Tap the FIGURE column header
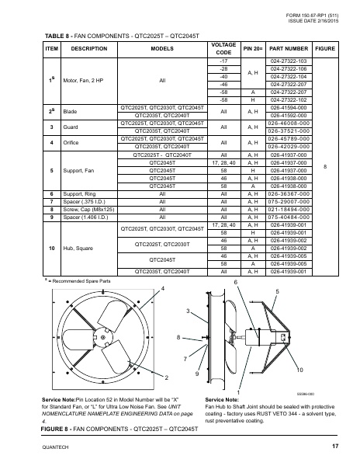point(325,48)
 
